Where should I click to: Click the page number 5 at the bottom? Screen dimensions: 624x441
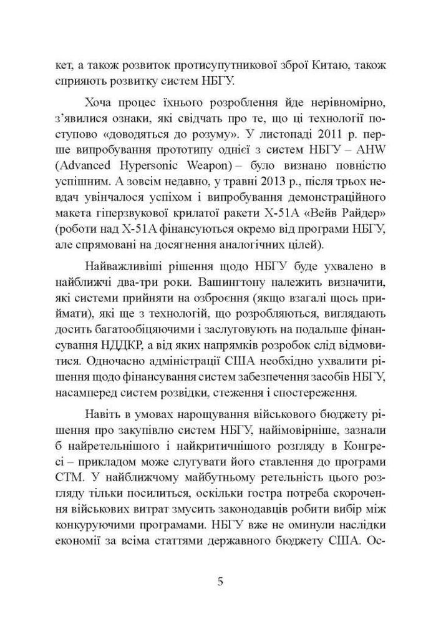pos(220,582)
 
